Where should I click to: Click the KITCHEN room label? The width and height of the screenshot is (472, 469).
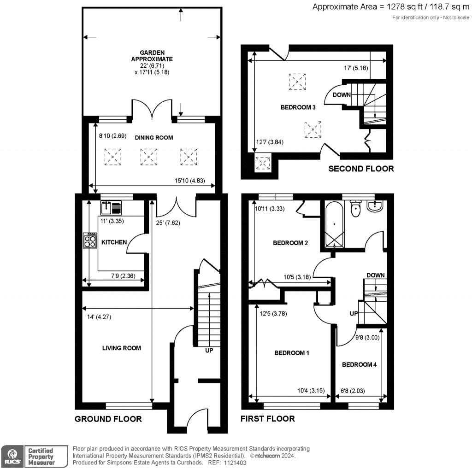(114, 242)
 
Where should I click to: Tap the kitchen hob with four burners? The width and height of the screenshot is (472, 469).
(90, 240)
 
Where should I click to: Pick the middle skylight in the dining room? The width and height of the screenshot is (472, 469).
(148, 157)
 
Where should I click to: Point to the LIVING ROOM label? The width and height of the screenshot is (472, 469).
(121, 348)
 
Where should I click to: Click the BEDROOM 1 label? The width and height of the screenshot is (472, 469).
(291, 353)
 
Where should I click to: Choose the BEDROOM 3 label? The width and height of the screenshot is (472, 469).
(298, 107)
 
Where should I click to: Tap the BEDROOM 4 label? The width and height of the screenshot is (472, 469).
(359, 364)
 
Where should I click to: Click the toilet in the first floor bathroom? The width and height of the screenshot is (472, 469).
(355, 210)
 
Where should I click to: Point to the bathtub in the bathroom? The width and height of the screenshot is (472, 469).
(334, 225)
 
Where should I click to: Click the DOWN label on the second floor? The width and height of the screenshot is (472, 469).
(342, 95)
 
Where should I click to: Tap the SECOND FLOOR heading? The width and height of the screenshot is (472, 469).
(361, 169)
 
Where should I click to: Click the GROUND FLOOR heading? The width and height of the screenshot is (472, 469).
(108, 419)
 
